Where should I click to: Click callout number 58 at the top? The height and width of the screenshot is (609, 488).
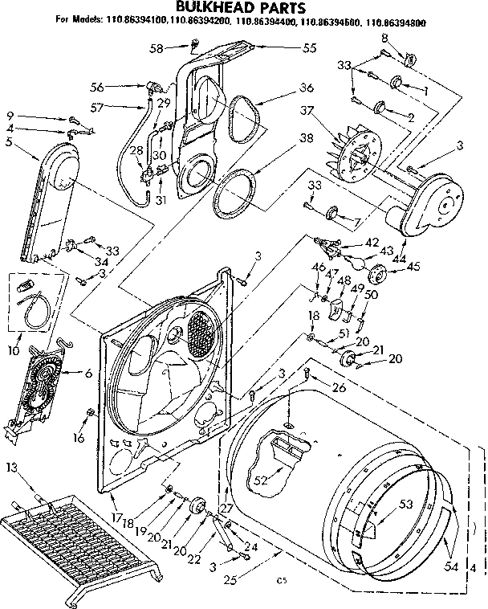[x=157, y=48]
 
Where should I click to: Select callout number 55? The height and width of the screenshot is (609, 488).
[x=287, y=48]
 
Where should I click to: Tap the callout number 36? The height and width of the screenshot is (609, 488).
[x=283, y=88]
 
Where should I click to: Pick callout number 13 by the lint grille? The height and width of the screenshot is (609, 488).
[x=10, y=467]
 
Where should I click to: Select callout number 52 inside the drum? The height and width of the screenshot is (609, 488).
[x=260, y=481]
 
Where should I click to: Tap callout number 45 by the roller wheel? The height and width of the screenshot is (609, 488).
[x=413, y=267]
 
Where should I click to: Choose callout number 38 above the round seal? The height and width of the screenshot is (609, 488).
[x=283, y=137]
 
